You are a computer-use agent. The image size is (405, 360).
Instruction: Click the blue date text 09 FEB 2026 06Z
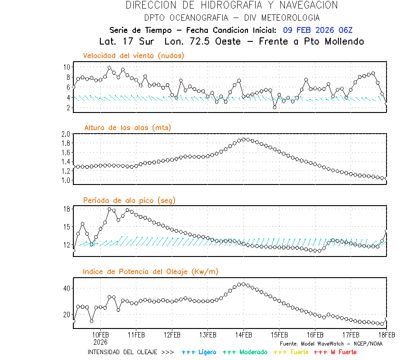318,30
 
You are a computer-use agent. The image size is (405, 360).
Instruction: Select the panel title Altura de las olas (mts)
127,128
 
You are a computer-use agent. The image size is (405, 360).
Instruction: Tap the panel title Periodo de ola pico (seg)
129,200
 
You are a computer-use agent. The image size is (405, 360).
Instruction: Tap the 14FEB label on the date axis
243,335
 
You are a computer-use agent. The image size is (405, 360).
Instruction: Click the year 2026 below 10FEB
100,342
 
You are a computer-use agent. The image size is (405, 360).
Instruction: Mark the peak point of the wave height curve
244,139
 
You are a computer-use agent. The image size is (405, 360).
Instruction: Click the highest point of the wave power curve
243,284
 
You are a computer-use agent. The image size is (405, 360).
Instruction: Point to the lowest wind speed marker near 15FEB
274,107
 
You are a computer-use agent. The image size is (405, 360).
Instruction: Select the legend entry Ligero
199,352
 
